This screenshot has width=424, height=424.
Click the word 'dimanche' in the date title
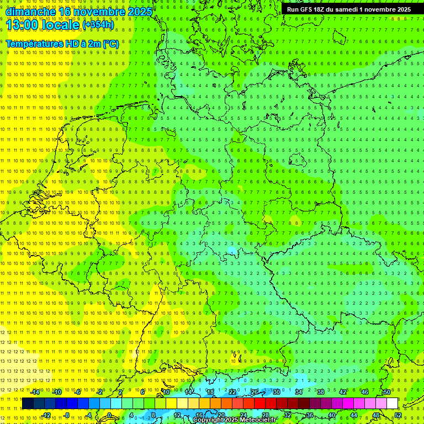coord(30,11)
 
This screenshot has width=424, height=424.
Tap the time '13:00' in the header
coord(22,25)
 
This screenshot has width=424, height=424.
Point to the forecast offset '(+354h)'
coord(98,25)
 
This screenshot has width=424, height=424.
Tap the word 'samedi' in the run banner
coord(348,9)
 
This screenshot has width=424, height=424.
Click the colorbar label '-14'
coord(35,392)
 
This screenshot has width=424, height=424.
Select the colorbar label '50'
coord(386,392)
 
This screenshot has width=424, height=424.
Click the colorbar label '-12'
coord(46,415)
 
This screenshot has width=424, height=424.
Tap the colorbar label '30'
coord(276,392)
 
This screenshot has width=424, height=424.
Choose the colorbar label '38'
coord(320,392)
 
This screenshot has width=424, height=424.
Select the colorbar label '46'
coord(364,392)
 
